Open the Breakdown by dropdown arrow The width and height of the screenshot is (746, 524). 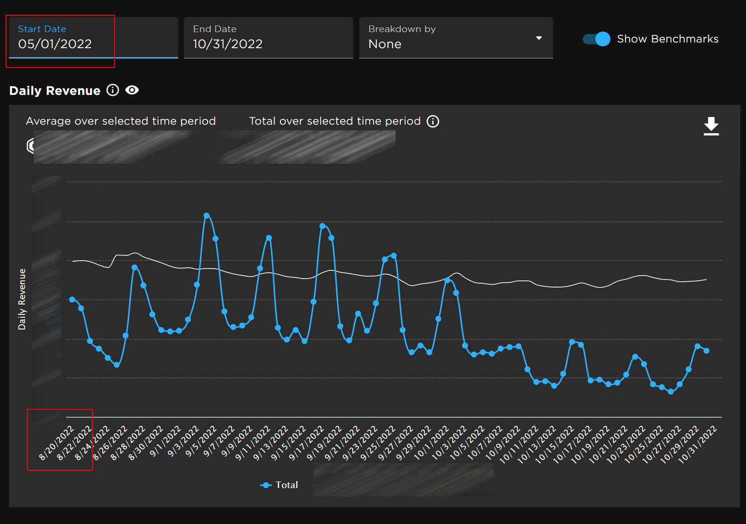539,38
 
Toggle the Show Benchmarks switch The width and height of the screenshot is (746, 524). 597,39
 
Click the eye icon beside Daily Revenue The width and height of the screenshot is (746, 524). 132,90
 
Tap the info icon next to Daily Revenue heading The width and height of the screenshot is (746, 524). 113,90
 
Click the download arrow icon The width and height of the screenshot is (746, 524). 711,126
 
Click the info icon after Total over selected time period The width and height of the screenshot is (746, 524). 433,121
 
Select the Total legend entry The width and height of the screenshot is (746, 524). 279,485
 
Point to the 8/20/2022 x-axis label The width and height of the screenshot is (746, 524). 57,442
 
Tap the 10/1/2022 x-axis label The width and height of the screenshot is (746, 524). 431,443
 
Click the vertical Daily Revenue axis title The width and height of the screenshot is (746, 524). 22,299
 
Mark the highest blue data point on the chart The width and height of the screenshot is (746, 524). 207,215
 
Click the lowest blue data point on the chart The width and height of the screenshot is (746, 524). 671,391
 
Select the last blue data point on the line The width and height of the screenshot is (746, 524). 706,351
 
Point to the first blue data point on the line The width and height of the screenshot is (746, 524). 72,299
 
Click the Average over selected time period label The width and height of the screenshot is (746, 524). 121,121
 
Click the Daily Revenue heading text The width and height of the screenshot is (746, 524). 55,91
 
